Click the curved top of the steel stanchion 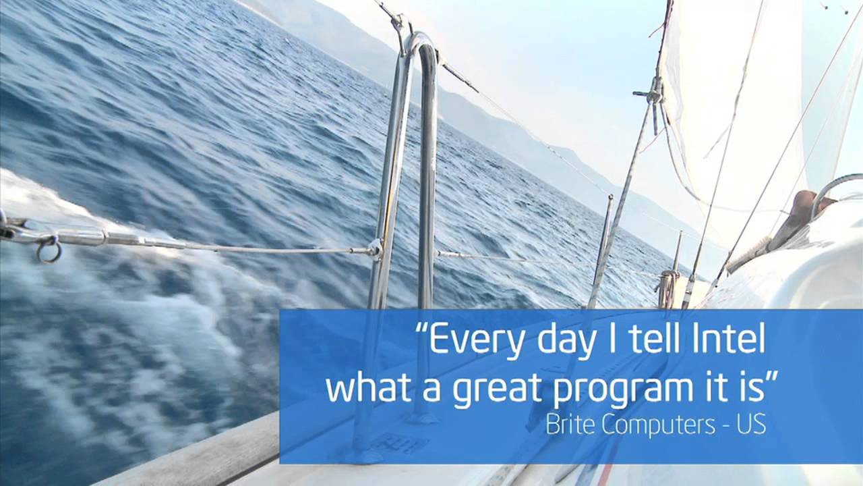(x=421, y=42)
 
